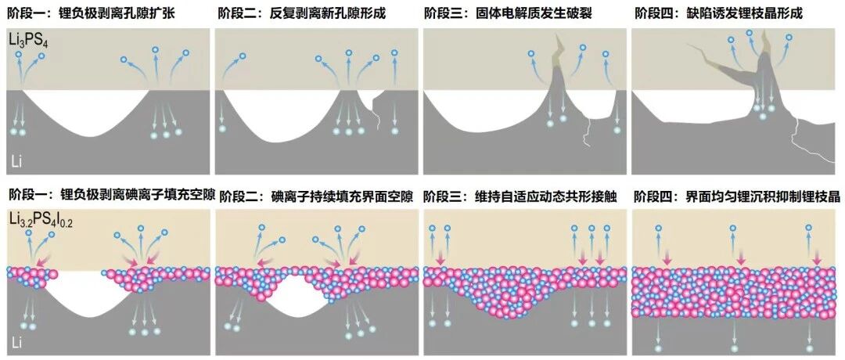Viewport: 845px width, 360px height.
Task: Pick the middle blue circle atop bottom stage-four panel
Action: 733,229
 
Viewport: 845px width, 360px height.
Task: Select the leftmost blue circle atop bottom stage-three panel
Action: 433,229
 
